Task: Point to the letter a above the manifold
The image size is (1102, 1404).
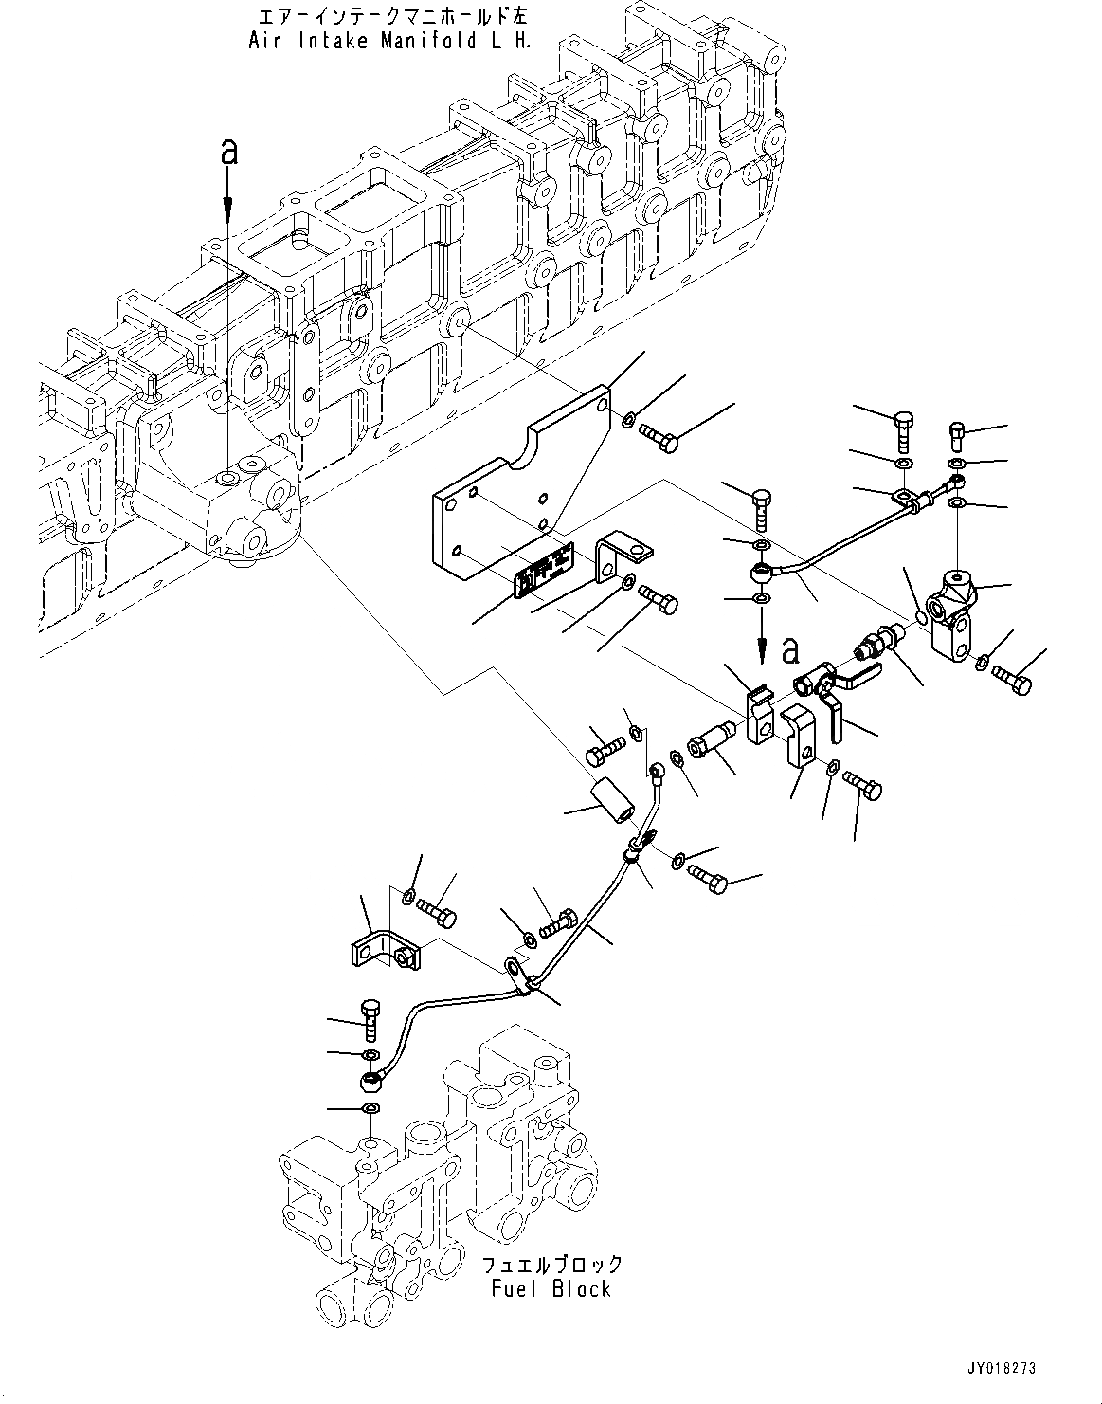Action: coord(227,152)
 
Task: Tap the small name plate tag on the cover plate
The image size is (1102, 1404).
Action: coord(544,571)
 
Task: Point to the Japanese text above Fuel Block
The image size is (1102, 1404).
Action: coord(552,1265)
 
